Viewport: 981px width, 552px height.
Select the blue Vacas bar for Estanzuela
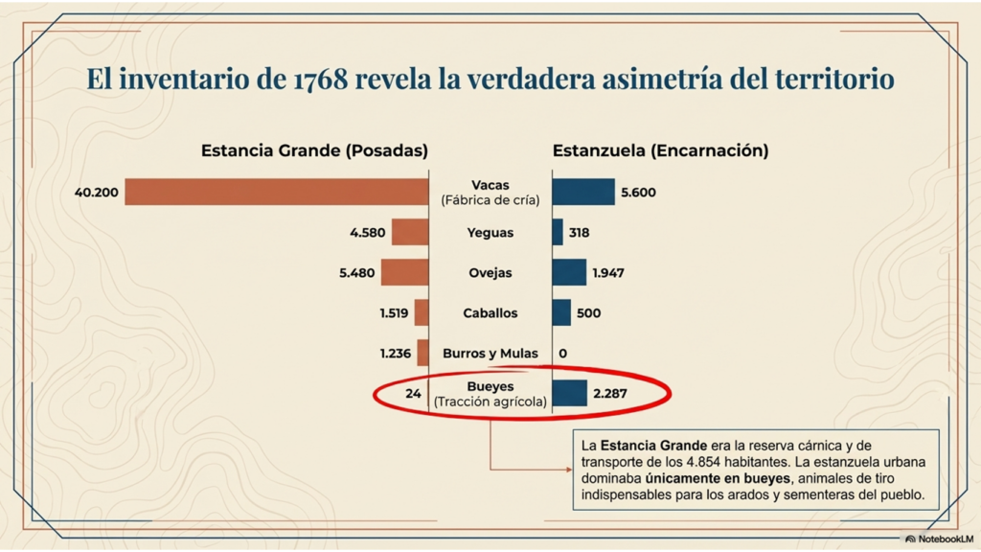tap(583, 192)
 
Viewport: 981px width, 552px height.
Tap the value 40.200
tap(96, 193)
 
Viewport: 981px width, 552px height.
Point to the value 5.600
tap(638, 193)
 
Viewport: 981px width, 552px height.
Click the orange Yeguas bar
tap(410, 233)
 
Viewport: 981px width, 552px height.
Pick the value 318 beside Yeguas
tap(579, 233)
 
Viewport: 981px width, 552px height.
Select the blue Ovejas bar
tap(569, 273)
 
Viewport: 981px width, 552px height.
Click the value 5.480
tap(356, 273)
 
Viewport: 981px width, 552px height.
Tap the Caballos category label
tap(490, 313)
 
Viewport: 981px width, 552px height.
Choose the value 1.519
tap(395, 313)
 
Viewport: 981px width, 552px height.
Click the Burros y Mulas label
tap(490, 354)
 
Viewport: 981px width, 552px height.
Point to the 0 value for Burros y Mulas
tap(562, 354)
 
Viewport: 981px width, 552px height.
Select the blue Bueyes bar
tap(569, 394)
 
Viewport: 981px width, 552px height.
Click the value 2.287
tap(610, 394)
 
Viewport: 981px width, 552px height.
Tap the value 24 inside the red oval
tap(413, 394)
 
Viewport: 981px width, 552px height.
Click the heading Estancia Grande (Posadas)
tap(314, 150)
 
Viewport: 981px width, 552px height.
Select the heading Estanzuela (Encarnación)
tap(660, 150)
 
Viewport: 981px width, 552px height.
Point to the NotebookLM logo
tap(938, 539)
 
